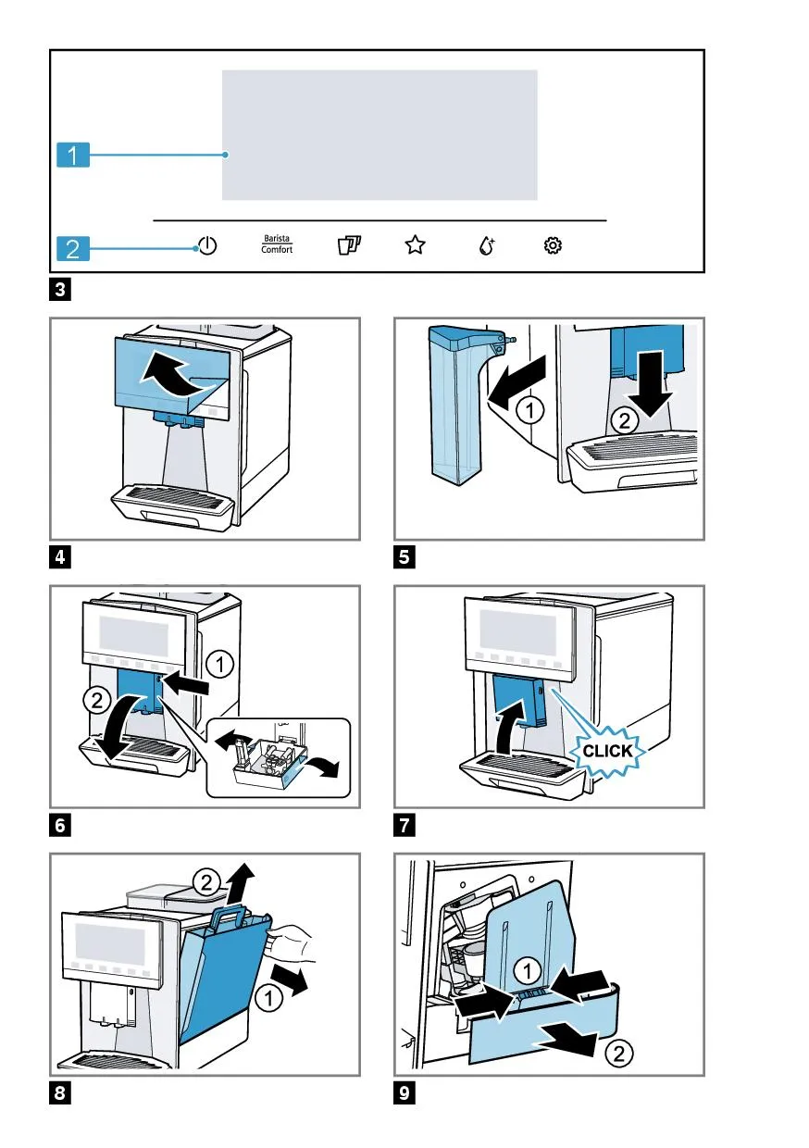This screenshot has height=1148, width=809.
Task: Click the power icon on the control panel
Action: pyautogui.click(x=208, y=246)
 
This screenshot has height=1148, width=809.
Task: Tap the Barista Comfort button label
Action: pyautogui.click(x=276, y=245)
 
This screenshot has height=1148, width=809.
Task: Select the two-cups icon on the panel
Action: pyautogui.click(x=348, y=246)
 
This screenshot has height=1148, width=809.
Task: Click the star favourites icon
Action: pyautogui.click(x=415, y=245)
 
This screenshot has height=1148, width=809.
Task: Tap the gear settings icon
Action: pyautogui.click(x=553, y=245)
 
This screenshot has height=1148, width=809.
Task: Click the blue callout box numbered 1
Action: pyautogui.click(x=71, y=156)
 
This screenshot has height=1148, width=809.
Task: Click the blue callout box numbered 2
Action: pyautogui.click(x=71, y=248)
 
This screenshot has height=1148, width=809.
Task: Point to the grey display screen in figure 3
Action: pyautogui.click(x=380, y=134)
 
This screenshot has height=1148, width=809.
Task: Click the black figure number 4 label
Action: pyautogui.click(x=59, y=557)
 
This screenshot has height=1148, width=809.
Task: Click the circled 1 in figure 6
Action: pyautogui.click(x=219, y=664)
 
